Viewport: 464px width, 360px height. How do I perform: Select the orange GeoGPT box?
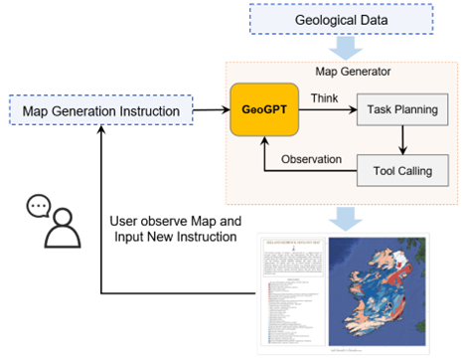265,110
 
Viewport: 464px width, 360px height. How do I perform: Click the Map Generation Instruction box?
100,110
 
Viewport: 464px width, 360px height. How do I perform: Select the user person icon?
63,232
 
